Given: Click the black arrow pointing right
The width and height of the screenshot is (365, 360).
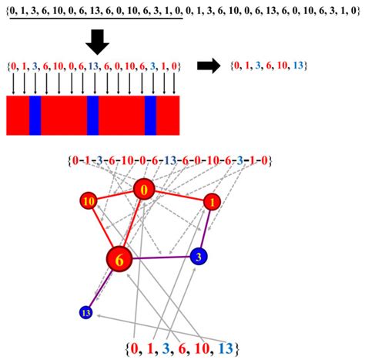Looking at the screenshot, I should coord(209,66).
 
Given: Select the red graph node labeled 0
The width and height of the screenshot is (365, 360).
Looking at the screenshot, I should coord(144,189).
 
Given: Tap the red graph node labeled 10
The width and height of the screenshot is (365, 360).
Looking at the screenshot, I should coord(89,201).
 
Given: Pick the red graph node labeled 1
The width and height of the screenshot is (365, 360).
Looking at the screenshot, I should coord(211,202).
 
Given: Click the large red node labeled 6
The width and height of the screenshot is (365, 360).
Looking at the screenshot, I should coord(119,261).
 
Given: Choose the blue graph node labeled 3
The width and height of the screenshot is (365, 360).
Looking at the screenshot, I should coord(199,255).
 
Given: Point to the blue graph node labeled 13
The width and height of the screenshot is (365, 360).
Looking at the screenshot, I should coord(86,312).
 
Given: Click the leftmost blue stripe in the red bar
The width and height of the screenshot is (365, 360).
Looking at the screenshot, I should coord(35,116).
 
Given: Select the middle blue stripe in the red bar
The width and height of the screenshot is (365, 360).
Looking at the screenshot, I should coord(92,116).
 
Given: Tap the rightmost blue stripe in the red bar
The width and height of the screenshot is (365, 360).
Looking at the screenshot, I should coord(151,116).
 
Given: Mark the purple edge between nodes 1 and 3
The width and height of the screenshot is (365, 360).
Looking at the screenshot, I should coord(206,228).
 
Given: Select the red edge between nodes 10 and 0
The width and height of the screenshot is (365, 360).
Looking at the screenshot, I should coord(116,195).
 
